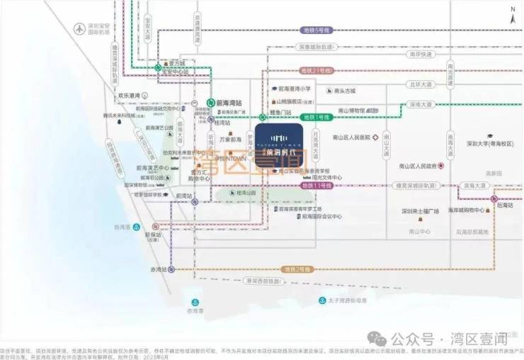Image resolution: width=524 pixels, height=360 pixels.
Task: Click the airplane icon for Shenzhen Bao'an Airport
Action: [79, 29]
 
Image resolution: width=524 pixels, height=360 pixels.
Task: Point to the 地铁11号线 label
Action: [316, 185]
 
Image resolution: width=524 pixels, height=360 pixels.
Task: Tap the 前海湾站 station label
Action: [229, 102]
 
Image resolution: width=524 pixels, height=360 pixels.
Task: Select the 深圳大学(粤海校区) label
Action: [489, 144]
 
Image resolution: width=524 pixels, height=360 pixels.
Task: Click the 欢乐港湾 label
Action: [132, 95]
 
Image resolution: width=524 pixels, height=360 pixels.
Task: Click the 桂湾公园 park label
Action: [246, 192]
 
